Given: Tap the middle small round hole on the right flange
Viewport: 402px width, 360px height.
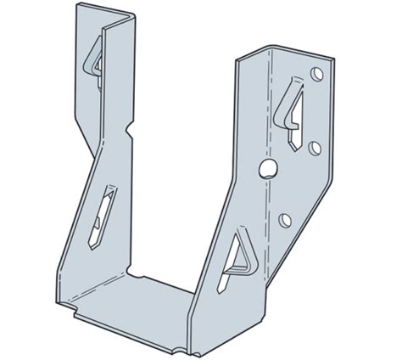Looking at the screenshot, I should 315,147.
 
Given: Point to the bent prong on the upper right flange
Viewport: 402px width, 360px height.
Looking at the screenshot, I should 293,101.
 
